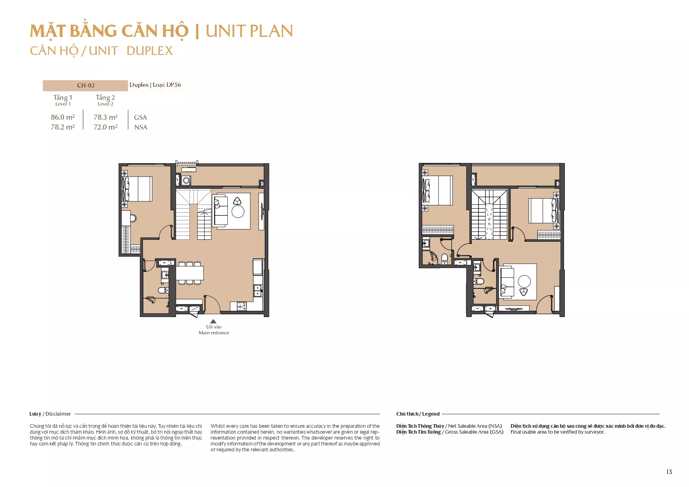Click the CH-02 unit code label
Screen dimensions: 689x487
click(x=86, y=86)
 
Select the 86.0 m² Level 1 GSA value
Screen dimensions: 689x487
click(x=63, y=117)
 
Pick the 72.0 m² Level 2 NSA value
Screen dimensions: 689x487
click(x=106, y=127)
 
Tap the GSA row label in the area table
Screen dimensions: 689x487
click(x=140, y=117)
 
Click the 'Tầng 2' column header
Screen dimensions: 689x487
click(x=105, y=97)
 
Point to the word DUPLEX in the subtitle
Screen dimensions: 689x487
click(x=150, y=51)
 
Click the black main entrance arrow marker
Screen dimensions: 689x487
click(x=213, y=321)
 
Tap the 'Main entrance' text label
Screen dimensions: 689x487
click(x=214, y=333)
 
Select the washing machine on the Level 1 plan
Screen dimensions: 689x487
click(x=186, y=181)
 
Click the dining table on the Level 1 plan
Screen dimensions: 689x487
click(x=190, y=273)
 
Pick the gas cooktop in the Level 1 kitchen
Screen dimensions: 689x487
click(x=241, y=306)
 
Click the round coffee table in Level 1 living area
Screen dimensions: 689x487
click(x=238, y=212)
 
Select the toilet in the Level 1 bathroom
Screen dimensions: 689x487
click(x=163, y=290)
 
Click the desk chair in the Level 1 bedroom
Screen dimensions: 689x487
click(x=133, y=218)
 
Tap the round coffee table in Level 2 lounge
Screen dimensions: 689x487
click(x=524, y=281)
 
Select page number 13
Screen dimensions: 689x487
click(x=669, y=472)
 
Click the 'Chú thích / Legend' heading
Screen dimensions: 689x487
click(x=418, y=414)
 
